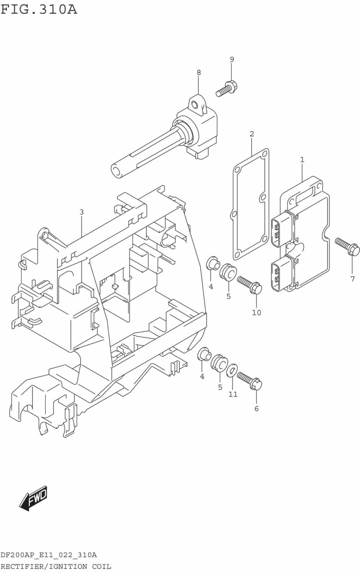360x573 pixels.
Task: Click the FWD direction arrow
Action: point(33,498)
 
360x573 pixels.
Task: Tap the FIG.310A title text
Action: point(39,9)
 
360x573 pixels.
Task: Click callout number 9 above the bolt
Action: point(232,59)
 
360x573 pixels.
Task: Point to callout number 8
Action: point(199,72)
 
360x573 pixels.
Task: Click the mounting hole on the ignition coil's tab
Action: point(195,105)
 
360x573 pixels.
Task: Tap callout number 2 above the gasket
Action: point(252,134)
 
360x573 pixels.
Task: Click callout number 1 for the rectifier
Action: point(302,159)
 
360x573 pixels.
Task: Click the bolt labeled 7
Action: point(347,246)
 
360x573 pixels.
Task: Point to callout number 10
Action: point(256,313)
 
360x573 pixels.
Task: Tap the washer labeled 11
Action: point(232,370)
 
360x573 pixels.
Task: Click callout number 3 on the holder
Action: point(82,212)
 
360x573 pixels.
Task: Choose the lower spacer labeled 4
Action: point(204,354)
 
